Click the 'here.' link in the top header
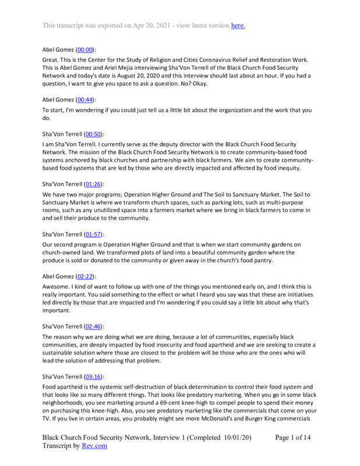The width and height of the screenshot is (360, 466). coord(238,25)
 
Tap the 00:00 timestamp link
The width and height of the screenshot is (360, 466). coord(85,51)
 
